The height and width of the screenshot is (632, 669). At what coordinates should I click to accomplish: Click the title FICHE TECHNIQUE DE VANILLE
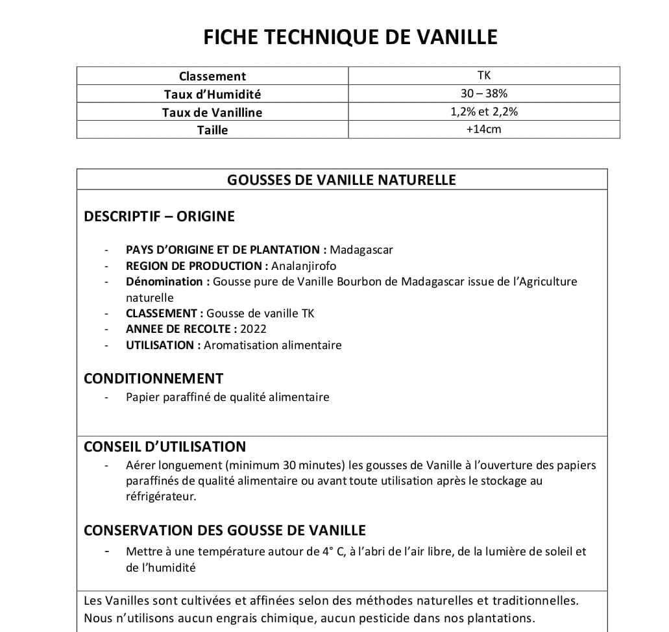(x=350, y=37)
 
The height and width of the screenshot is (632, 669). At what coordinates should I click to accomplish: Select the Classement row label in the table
(x=212, y=76)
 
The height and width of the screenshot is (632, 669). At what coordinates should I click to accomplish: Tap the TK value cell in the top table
(x=483, y=75)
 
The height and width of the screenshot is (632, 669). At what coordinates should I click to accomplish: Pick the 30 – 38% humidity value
(x=483, y=93)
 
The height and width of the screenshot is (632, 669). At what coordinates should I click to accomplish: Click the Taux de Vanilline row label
(x=212, y=112)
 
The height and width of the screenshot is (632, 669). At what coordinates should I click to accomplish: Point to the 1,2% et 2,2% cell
(x=483, y=112)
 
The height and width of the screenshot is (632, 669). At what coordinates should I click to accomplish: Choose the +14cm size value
(x=483, y=129)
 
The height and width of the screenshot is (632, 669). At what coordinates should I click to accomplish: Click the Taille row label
(x=212, y=130)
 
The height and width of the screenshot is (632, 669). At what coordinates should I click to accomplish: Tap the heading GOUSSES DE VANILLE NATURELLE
(x=341, y=180)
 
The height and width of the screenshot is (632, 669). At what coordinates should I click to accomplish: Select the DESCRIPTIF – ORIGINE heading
(x=159, y=216)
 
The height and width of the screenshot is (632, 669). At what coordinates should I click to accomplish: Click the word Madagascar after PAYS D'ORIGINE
(x=361, y=250)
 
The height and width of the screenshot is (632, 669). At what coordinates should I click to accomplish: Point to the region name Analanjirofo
(x=304, y=265)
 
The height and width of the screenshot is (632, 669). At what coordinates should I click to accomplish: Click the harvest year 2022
(x=253, y=329)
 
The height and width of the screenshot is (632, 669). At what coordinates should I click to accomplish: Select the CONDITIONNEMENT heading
(x=153, y=378)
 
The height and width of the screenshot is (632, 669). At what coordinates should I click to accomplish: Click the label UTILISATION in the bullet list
(x=160, y=345)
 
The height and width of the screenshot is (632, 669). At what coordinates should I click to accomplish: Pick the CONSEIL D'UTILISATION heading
(x=165, y=446)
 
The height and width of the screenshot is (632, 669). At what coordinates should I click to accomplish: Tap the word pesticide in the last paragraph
(x=392, y=618)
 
